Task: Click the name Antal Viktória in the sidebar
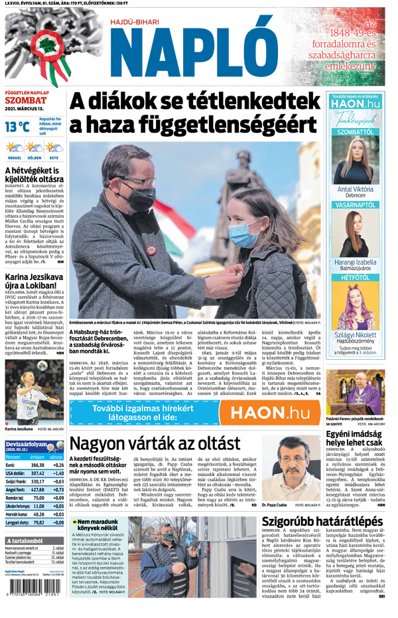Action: (x=355, y=189)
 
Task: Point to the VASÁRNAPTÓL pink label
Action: (x=355, y=206)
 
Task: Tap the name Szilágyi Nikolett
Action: (x=355, y=335)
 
